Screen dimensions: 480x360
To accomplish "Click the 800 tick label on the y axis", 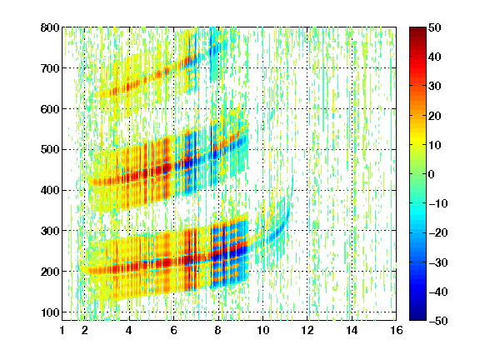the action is (50, 27).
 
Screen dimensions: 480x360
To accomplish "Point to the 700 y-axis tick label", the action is (50, 68).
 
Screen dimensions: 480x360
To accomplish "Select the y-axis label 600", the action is (50, 109).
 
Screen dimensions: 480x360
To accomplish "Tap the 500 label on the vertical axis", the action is (50, 150).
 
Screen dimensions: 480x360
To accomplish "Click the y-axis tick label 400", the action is (50, 190).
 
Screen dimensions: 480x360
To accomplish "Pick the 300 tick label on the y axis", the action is (50, 231).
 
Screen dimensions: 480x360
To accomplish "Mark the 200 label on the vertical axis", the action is (50, 272).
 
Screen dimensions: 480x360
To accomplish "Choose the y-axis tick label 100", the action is (50, 312).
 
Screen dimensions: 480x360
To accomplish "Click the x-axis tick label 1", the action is (62, 330).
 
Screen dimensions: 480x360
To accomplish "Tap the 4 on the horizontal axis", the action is (129, 330).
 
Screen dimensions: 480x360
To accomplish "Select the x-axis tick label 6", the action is (173, 330).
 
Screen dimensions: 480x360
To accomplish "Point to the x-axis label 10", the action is (263, 330).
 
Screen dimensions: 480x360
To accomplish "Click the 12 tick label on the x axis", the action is (307, 330).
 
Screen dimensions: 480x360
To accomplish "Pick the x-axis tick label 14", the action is (352, 330).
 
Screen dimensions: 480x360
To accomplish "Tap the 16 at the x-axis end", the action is (397, 330).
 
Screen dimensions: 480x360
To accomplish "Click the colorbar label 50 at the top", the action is (434, 27).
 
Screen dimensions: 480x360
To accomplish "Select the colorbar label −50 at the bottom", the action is (437, 321).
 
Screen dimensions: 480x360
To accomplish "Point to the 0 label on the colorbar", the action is (432, 174).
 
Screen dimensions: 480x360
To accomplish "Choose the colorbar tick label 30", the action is (434, 86).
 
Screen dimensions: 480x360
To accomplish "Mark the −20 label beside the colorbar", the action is (437, 232).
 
